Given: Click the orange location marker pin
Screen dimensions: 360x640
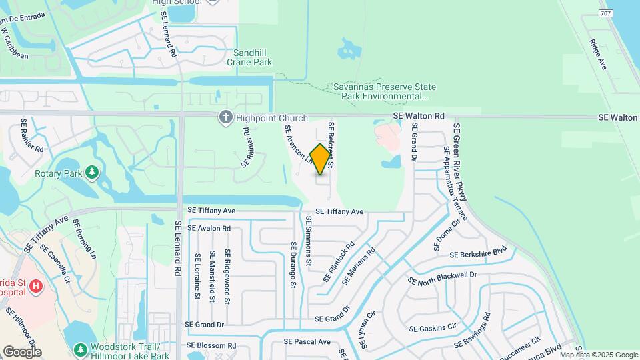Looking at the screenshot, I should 321,159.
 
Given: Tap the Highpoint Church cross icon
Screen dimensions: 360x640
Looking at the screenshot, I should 225,117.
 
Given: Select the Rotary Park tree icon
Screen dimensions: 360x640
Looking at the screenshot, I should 92,173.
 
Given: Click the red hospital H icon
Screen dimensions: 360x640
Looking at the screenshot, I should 36,287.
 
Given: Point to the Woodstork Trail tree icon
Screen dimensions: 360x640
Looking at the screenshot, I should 81,349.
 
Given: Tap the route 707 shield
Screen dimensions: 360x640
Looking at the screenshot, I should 605,13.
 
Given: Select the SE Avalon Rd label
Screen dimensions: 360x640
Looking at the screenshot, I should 209,228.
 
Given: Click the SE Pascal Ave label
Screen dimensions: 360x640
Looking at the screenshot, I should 307,341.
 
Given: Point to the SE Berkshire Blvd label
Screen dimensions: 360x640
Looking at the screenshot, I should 478,255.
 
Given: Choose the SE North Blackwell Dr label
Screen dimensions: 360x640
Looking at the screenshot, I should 443,279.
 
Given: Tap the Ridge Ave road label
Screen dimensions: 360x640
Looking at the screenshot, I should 598,53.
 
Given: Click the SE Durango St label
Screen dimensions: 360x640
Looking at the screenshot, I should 293,265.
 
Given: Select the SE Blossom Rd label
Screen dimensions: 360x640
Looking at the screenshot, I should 211,345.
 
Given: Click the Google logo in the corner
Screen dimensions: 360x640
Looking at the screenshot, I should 22,351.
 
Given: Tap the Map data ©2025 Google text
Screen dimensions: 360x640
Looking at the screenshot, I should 598,355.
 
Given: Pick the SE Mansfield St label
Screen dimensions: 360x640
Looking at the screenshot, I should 212,276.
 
